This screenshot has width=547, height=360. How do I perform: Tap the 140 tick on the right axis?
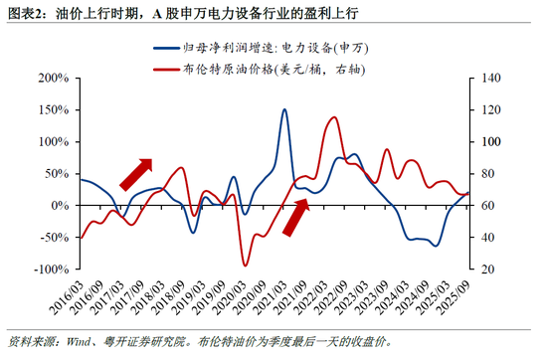tap(486, 78)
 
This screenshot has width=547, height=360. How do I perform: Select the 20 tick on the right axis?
tap(482, 270)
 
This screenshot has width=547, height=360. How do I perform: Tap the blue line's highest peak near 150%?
tap(284, 109)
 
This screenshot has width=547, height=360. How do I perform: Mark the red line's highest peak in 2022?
tap(333, 117)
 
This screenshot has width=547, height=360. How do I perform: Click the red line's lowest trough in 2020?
tap(245, 265)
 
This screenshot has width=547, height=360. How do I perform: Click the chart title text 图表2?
tap(25, 12)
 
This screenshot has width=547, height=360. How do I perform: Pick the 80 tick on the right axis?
tap(482, 173)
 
